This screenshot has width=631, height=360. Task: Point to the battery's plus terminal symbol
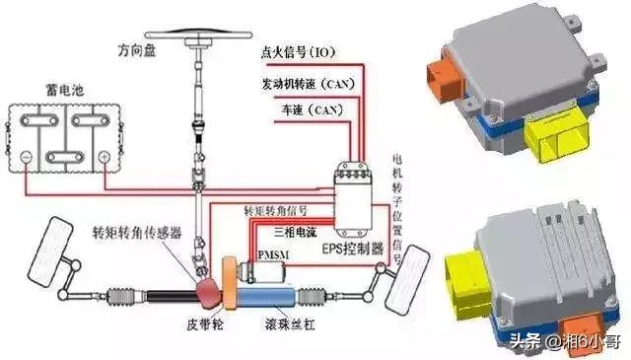click(x=104, y=156)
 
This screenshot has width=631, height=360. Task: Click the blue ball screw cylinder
click(x=280, y=293)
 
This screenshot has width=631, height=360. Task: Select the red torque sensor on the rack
click(x=209, y=290)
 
